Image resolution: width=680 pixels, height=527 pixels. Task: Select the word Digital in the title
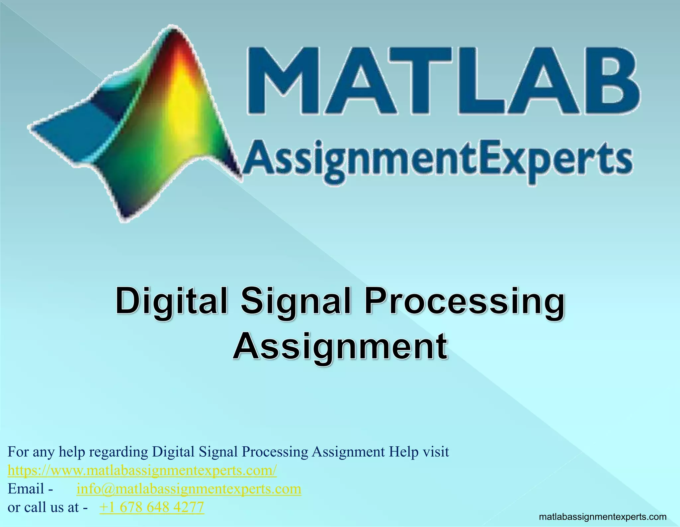pyautogui.click(x=172, y=302)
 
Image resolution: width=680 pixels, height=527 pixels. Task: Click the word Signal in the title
pyautogui.click(x=296, y=302)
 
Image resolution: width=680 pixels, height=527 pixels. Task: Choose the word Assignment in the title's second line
pyautogui.click(x=340, y=347)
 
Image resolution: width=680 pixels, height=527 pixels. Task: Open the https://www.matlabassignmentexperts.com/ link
pyautogui.click(x=142, y=471)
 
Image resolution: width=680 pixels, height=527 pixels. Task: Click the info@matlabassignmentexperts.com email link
pyautogui.click(x=189, y=489)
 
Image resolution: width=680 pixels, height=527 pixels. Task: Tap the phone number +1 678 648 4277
pyautogui.click(x=152, y=507)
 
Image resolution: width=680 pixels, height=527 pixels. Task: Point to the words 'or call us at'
pyautogui.click(x=43, y=507)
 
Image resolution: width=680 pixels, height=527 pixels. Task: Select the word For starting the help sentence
pyautogui.click(x=18, y=452)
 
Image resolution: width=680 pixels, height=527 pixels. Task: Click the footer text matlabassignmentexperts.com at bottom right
pyautogui.click(x=603, y=517)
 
